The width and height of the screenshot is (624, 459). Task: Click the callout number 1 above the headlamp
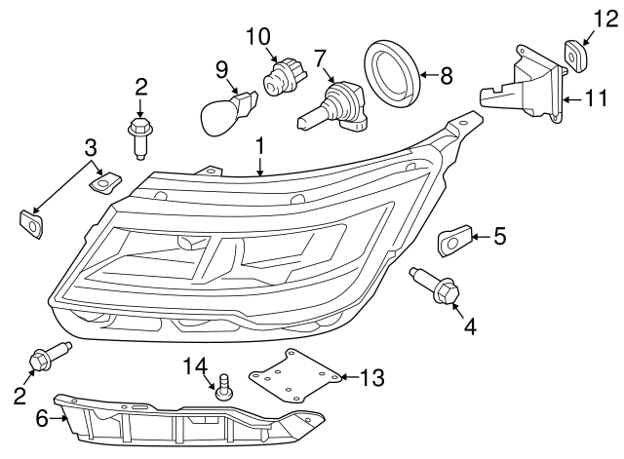point(260,146)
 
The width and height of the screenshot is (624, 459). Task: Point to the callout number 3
point(90,148)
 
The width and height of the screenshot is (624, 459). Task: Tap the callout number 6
point(42,419)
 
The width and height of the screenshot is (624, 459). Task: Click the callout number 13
point(373,376)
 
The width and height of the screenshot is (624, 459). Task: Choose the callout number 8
point(447,73)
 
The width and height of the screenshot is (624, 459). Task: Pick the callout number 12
point(600,18)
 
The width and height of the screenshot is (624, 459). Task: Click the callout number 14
point(196,365)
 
